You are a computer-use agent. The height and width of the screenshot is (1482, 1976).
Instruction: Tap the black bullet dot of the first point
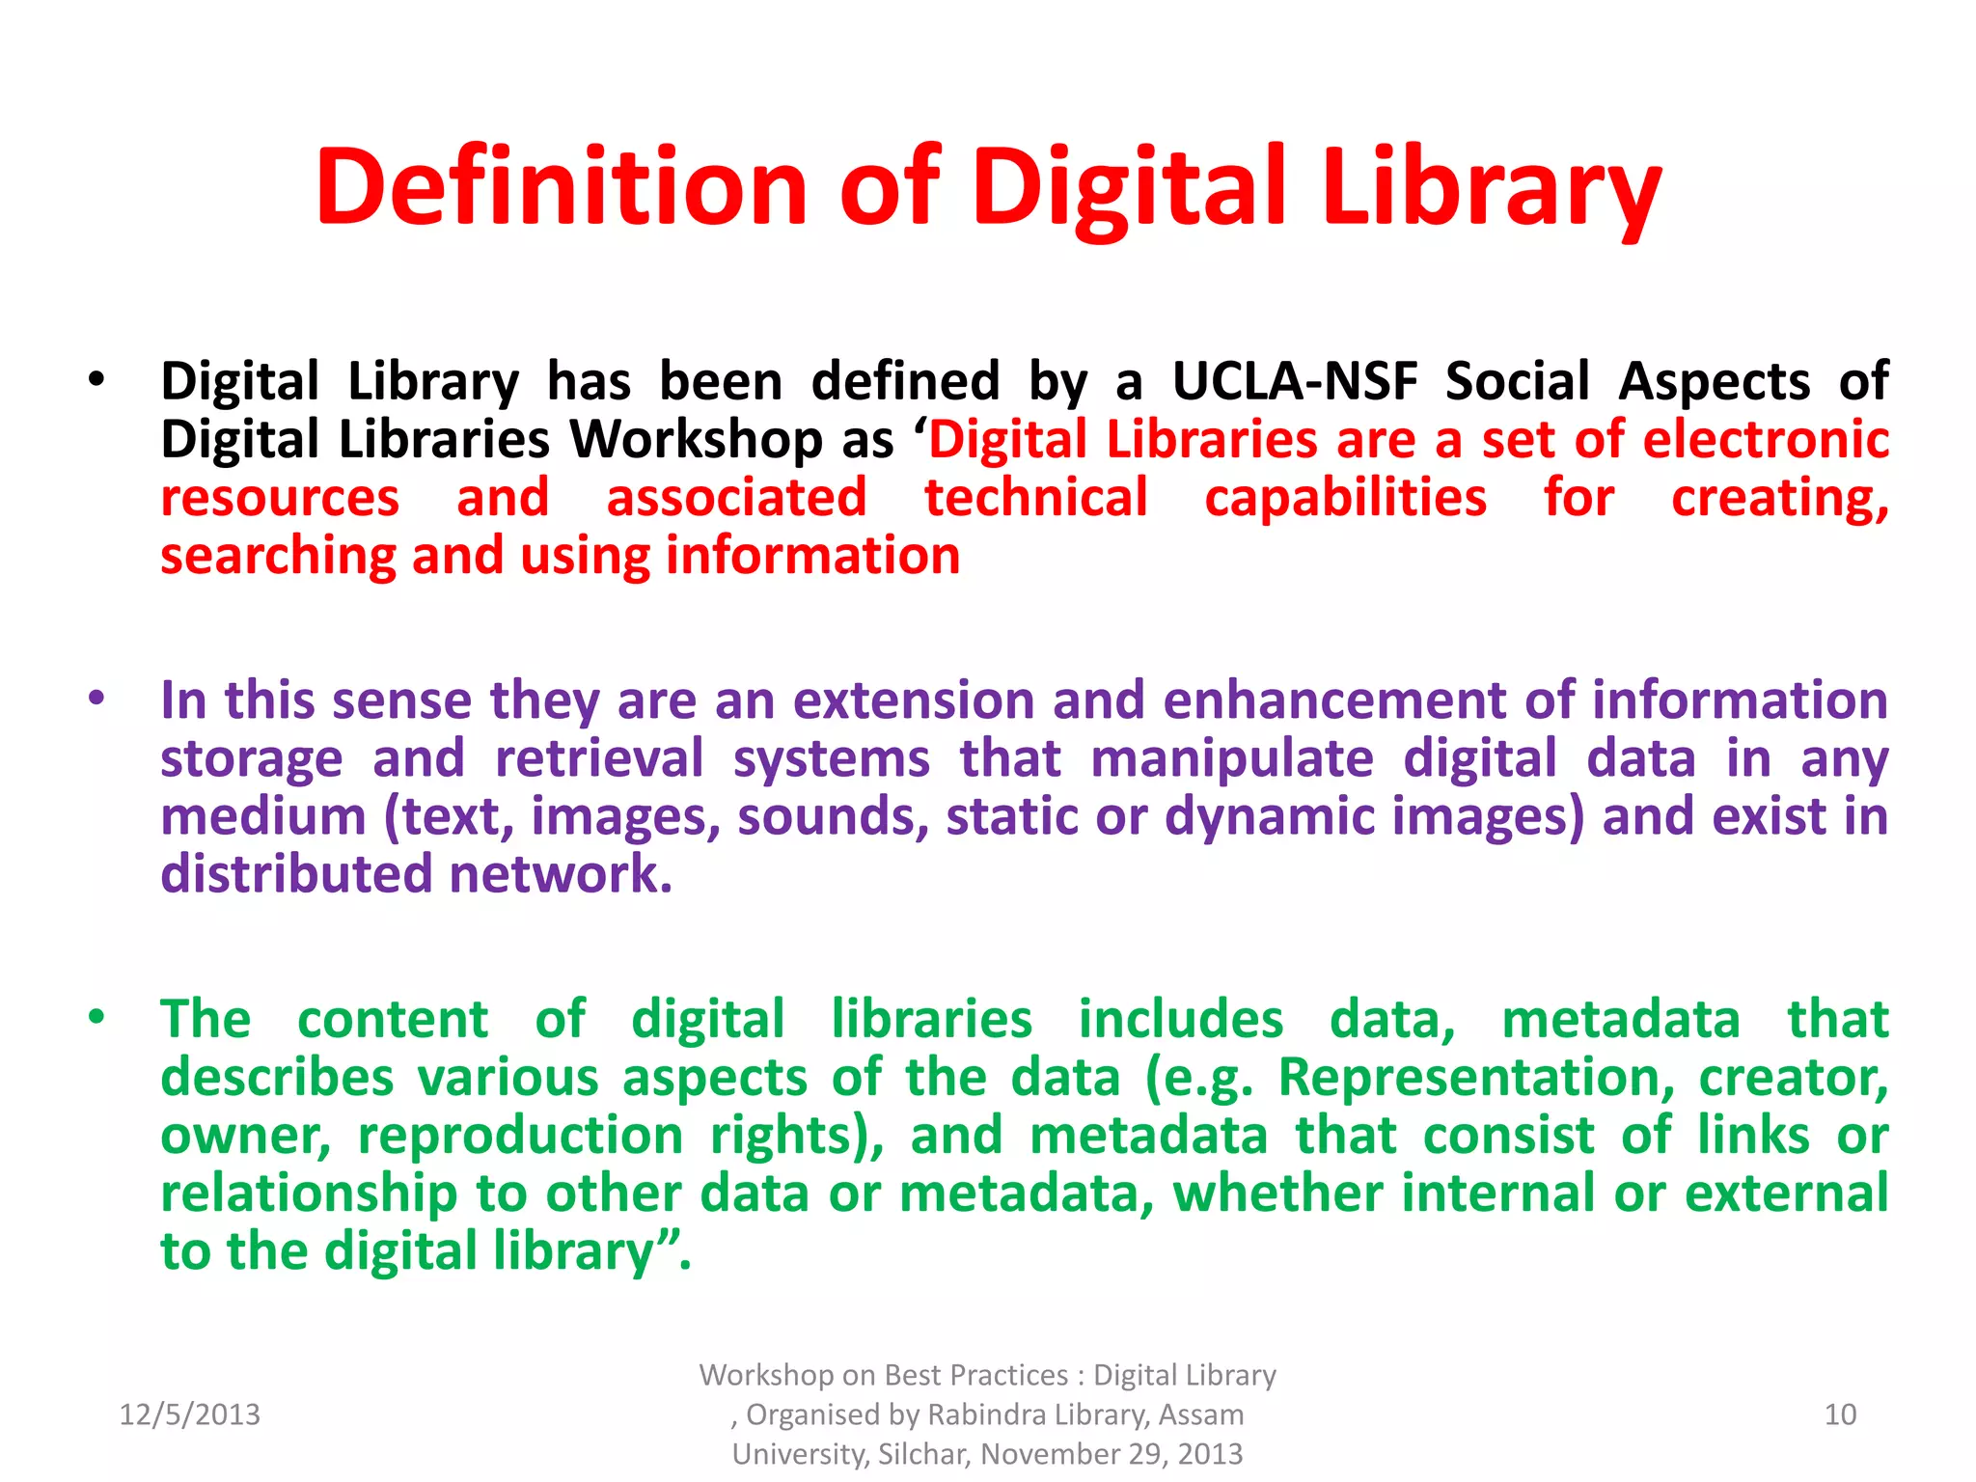[96, 379]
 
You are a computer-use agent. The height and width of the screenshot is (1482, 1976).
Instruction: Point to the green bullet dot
[96, 1017]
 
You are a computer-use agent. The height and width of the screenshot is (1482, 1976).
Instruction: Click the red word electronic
[1766, 439]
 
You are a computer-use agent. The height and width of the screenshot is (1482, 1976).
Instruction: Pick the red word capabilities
[1345, 498]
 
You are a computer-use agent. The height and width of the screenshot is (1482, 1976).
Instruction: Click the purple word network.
[561, 874]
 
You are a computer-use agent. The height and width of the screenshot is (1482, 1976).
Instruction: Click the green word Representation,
[1476, 1077]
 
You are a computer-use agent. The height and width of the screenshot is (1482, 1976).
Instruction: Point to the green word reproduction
[521, 1135]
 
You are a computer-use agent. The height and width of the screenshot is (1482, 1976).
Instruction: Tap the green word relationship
[309, 1194]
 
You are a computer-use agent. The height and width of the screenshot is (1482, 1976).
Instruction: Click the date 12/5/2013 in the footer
[189, 1414]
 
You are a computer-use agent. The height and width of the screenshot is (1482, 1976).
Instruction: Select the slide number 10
[1840, 1414]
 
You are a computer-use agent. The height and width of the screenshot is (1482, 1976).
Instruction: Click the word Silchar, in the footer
[924, 1454]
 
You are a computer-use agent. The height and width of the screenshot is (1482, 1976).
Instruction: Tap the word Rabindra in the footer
[986, 1414]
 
